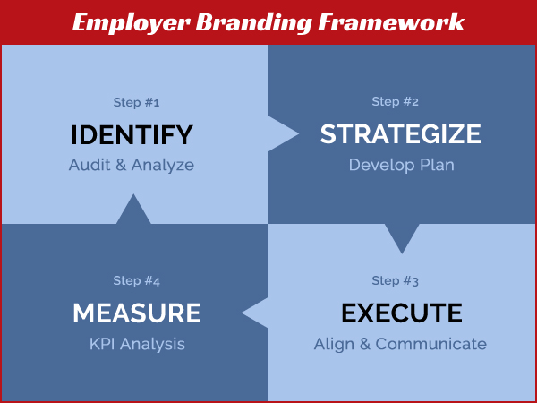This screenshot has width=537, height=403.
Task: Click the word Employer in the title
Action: tap(132, 23)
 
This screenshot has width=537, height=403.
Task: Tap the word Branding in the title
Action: tap(254, 23)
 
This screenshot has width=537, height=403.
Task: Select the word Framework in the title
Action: tap(391, 21)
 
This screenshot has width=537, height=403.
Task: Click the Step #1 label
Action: tap(136, 102)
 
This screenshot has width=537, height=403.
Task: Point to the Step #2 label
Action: tap(395, 102)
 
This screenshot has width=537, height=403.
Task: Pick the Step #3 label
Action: tap(395, 281)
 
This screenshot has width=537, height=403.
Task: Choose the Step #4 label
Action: tap(136, 281)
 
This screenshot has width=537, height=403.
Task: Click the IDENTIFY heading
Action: tap(132, 135)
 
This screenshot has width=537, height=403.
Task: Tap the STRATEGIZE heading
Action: tap(400, 134)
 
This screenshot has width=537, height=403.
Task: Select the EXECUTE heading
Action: tap(402, 313)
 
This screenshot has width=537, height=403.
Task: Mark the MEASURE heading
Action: tap(137, 313)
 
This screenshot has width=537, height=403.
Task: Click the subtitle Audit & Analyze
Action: tap(132, 165)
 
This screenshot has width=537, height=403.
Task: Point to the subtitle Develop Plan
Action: tap(401, 165)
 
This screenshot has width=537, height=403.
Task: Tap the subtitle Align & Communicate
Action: tap(400, 344)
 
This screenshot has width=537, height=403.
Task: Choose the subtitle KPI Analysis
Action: tap(137, 344)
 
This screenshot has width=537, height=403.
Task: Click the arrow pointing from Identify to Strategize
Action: tap(284, 133)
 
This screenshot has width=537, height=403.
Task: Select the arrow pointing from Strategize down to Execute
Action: tap(402, 239)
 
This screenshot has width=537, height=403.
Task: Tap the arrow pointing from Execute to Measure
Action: tap(255, 313)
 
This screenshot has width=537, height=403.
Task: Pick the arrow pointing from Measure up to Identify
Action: tap(133, 209)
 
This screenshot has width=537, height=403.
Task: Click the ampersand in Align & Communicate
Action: tap(365, 344)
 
